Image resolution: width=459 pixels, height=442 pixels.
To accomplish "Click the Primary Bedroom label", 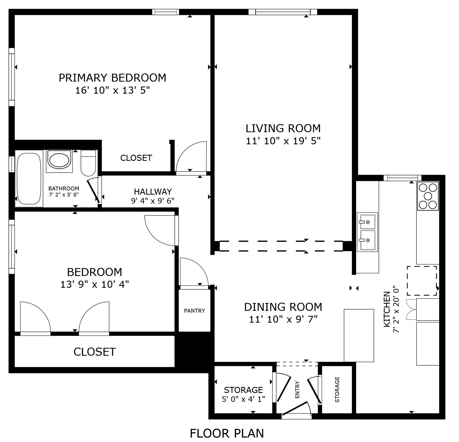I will click(x=112, y=78).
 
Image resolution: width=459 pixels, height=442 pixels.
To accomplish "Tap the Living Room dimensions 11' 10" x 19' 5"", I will click(x=283, y=141).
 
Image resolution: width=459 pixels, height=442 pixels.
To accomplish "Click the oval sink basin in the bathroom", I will click(x=59, y=160).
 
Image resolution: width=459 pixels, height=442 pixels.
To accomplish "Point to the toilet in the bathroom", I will click(x=88, y=163).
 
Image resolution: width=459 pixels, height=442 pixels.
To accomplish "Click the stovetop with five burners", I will click(x=428, y=196).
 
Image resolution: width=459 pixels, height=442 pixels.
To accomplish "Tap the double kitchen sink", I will click(x=367, y=232).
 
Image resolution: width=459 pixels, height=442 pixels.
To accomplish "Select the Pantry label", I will click(x=194, y=311).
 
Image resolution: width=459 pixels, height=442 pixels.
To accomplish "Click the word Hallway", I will click(x=153, y=192).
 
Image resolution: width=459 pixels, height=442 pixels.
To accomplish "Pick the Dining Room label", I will click(x=283, y=307).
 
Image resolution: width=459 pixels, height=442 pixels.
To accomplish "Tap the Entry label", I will click(x=297, y=390).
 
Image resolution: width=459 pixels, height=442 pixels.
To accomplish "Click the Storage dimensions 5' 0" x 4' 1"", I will click(x=243, y=399).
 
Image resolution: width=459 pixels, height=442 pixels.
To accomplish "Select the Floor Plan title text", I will click(x=227, y=433).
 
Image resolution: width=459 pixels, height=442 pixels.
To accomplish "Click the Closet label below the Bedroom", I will click(x=95, y=352).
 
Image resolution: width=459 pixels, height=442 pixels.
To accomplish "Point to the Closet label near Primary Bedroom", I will click(x=136, y=158).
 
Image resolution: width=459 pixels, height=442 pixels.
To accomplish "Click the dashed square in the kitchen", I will click(x=422, y=281).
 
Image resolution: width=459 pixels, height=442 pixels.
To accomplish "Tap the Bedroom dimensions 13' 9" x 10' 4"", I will click(x=95, y=284).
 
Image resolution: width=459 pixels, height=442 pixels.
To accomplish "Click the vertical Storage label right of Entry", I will click(x=337, y=390).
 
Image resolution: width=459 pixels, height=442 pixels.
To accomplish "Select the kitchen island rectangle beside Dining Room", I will click(x=359, y=335).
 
